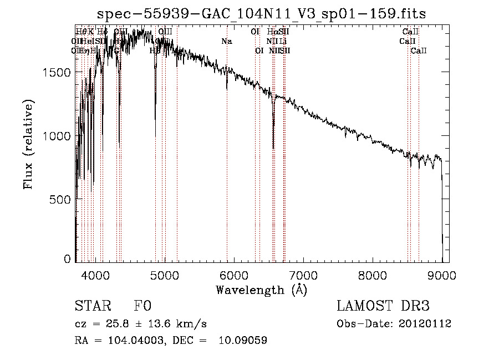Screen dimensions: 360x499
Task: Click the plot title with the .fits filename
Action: coord(261,14)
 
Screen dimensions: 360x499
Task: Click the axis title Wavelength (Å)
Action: coord(261,290)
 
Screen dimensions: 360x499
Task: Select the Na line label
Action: coord(226,41)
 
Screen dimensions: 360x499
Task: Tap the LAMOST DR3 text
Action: coord(383,307)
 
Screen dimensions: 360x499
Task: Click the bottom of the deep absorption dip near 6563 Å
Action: coord(273,148)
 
